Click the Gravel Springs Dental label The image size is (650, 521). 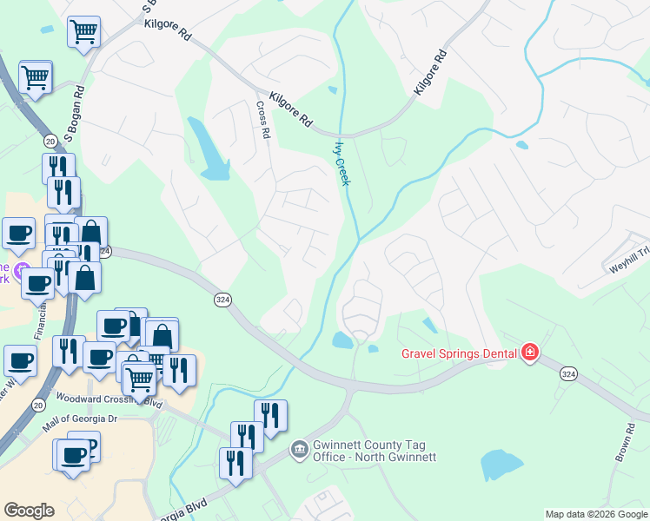460,353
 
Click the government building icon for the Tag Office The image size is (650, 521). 299,449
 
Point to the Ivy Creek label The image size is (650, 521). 342,163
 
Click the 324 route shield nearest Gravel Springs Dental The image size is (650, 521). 568,373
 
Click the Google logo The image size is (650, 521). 29,511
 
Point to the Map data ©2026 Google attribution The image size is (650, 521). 596,514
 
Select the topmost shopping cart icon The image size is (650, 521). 84,32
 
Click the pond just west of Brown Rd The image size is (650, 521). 501,465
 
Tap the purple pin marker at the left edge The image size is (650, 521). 23,269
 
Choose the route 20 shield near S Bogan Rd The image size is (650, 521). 50,142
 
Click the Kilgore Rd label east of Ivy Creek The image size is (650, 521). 430,73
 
